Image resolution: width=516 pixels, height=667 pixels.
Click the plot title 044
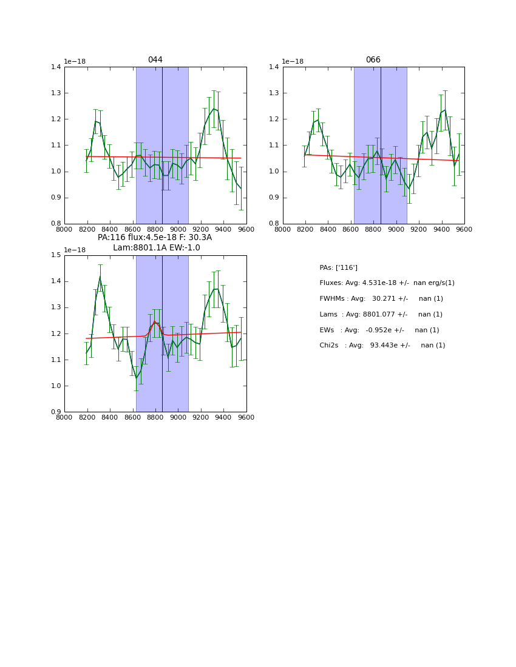(x=155, y=60)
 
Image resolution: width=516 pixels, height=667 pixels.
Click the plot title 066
(x=373, y=60)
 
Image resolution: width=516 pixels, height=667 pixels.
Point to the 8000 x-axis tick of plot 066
(x=282, y=229)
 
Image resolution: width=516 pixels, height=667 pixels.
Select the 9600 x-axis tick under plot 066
(x=464, y=229)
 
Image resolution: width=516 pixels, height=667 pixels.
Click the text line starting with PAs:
(x=338, y=267)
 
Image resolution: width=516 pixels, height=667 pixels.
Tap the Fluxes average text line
(x=387, y=283)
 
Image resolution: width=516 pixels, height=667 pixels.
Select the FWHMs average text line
(x=381, y=299)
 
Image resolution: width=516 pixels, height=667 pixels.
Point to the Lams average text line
(x=381, y=314)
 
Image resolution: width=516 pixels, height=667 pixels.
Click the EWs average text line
(x=379, y=330)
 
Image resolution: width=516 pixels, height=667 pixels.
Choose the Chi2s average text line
(x=382, y=346)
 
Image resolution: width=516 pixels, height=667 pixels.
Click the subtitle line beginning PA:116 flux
(x=155, y=238)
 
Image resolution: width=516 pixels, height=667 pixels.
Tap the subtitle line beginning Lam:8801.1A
(x=156, y=248)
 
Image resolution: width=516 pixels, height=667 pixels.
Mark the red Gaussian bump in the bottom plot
(x=155, y=322)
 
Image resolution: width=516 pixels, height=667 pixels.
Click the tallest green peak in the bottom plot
(x=100, y=277)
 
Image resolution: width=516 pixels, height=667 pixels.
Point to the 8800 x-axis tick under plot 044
(x=155, y=229)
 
